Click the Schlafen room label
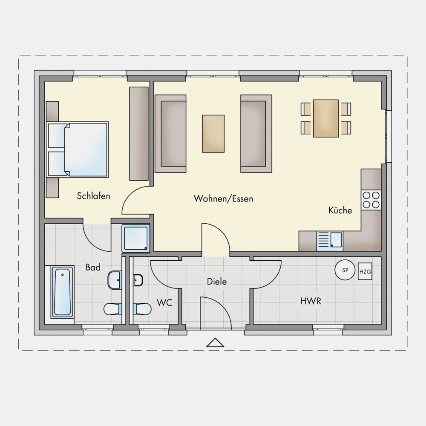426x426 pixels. point(93,196)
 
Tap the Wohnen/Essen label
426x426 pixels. point(223,199)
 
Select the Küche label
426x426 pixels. point(340,210)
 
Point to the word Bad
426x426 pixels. point(93,268)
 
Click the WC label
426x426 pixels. point(164,302)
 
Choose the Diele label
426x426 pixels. point(217,282)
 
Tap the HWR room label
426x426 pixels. point(311,301)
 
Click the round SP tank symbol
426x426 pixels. point(345,270)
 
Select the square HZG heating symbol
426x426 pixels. point(365,271)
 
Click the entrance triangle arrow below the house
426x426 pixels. point(215,343)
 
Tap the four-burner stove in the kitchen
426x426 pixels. point(371,200)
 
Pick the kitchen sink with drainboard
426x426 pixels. point(330,241)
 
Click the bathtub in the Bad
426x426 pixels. point(62,292)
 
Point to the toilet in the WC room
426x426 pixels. point(142,309)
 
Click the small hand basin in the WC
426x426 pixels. point(138,280)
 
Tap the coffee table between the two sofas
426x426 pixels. point(213,134)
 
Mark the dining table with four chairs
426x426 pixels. point(326,118)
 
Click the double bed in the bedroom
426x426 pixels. point(78,150)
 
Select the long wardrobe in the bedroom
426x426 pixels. point(139,134)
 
